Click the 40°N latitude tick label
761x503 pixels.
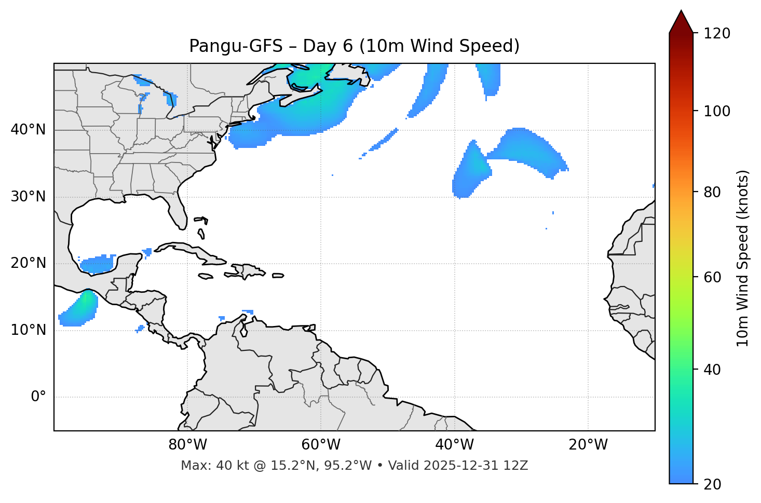[28, 130]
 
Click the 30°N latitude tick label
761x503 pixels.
[28, 197]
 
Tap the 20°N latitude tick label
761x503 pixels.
[28, 263]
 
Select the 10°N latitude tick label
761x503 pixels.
[28, 330]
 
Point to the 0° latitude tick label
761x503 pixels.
[38, 397]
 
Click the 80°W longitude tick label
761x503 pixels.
[187, 445]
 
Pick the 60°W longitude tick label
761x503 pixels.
[321, 445]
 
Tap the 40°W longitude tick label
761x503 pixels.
[454, 445]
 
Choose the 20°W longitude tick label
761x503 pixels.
[588, 445]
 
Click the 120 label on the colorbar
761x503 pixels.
[717, 34]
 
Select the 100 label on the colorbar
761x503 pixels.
[717, 111]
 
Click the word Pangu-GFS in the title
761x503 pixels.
[236, 46]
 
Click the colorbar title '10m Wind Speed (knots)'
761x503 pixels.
[743, 258]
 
